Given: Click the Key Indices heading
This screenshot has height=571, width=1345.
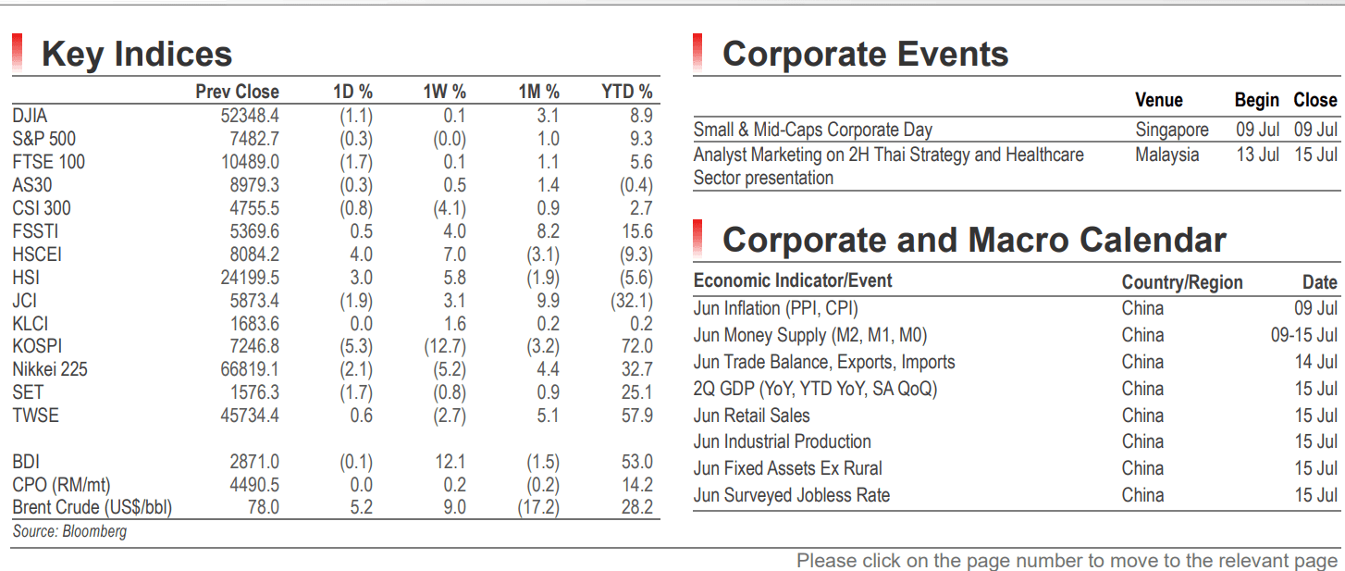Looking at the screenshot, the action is pyautogui.click(x=137, y=54).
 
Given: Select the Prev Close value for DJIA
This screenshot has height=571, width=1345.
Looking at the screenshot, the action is pyautogui.click(x=250, y=116).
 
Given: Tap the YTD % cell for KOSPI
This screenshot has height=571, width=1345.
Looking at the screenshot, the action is pyautogui.click(x=636, y=346).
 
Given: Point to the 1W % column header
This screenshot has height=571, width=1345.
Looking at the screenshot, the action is pyautogui.click(x=444, y=92).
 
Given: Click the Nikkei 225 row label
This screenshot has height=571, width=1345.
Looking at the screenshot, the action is pyautogui.click(x=50, y=369).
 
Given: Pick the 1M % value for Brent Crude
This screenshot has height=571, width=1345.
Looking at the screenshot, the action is pyautogui.click(x=538, y=507).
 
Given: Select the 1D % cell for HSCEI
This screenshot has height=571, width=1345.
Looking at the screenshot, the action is pyautogui.click(x=362, y=254).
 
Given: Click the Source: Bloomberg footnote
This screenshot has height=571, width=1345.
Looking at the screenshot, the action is pyautogui.click(x=69, y=531).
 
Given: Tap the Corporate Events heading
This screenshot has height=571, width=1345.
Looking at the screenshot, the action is pyautogui.click(x=865, y=54).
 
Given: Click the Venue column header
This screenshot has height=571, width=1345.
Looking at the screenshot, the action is pyautogui.click(x=1159, y=100).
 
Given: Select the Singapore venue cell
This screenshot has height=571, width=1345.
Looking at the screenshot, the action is pyautogui.click(x=1172, y=130).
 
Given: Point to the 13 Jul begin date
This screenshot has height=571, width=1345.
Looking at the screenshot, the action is pyautogui.click(x=1257, y=155).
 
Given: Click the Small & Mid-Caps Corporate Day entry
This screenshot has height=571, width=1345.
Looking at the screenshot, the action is pyautogui.click(x=813, y=130).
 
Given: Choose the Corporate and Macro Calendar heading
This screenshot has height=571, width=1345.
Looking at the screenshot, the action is pyautogui.click(x=974, y=241).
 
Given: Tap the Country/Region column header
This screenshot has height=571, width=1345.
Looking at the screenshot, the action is pyautogui.click(x=1182, y=282).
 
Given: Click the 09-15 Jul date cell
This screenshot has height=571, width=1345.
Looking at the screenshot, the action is pyautogui.click(x=1304, y=335).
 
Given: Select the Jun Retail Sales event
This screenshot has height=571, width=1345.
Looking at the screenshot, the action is pyautogui.click(x=752, y=416).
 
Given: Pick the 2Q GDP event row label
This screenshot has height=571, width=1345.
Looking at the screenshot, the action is pyautogui.click(x=815, y=389).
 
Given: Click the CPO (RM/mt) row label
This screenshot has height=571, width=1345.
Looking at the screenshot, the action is pyautogui.click(x=61, y=485).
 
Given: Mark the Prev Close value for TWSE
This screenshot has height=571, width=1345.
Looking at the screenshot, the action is pyautogui.click(x=250, y=416).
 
